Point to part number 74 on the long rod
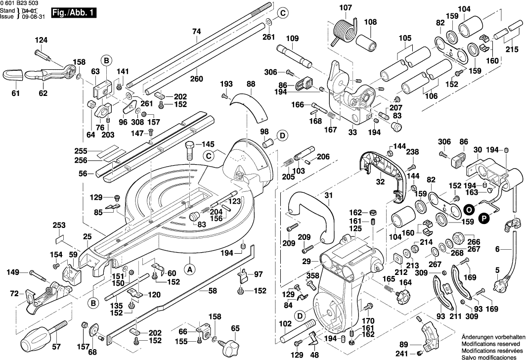(x=197, y=31)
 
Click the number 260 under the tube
(x=197, y=78)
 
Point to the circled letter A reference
(x=188, y=270)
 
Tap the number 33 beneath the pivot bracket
(x=352, y=132)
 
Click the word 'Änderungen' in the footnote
(x=479, y=336)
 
